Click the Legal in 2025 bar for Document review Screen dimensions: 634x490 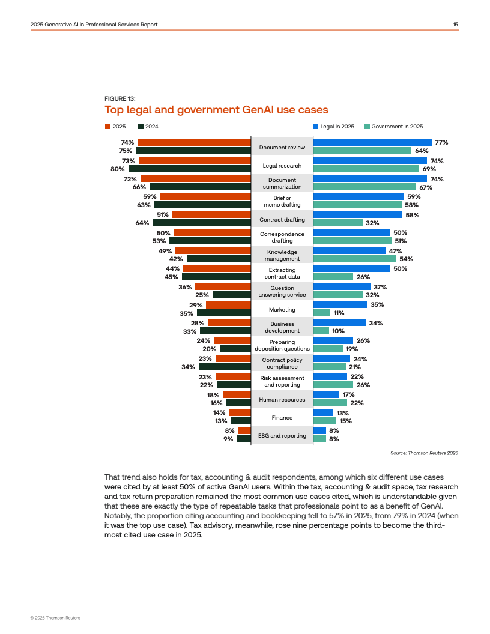tap(372, 142)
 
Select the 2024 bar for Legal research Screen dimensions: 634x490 tap(189, 169)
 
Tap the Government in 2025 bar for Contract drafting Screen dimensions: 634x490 tap(338, 223)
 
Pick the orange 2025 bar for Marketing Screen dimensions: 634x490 tap(228, 305)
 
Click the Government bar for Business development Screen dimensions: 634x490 tap(321, 331)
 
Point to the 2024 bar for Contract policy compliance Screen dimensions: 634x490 tap(225, 367)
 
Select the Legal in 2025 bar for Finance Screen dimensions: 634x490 tap(323, 412)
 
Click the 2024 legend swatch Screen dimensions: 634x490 tap(141, 127)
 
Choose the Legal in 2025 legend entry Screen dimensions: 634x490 tap(333, 127)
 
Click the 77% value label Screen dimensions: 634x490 tap(442, 143)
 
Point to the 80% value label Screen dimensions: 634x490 tap(117, 169)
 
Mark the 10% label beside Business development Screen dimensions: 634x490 tap(338, 331)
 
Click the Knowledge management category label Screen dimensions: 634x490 tap(282, 255)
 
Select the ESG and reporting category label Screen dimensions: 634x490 tap(282, 436)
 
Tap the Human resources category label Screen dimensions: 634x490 tap(282, 400)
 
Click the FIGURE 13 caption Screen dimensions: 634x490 tap(119, 98)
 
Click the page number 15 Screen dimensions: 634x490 tap(456, 24)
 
